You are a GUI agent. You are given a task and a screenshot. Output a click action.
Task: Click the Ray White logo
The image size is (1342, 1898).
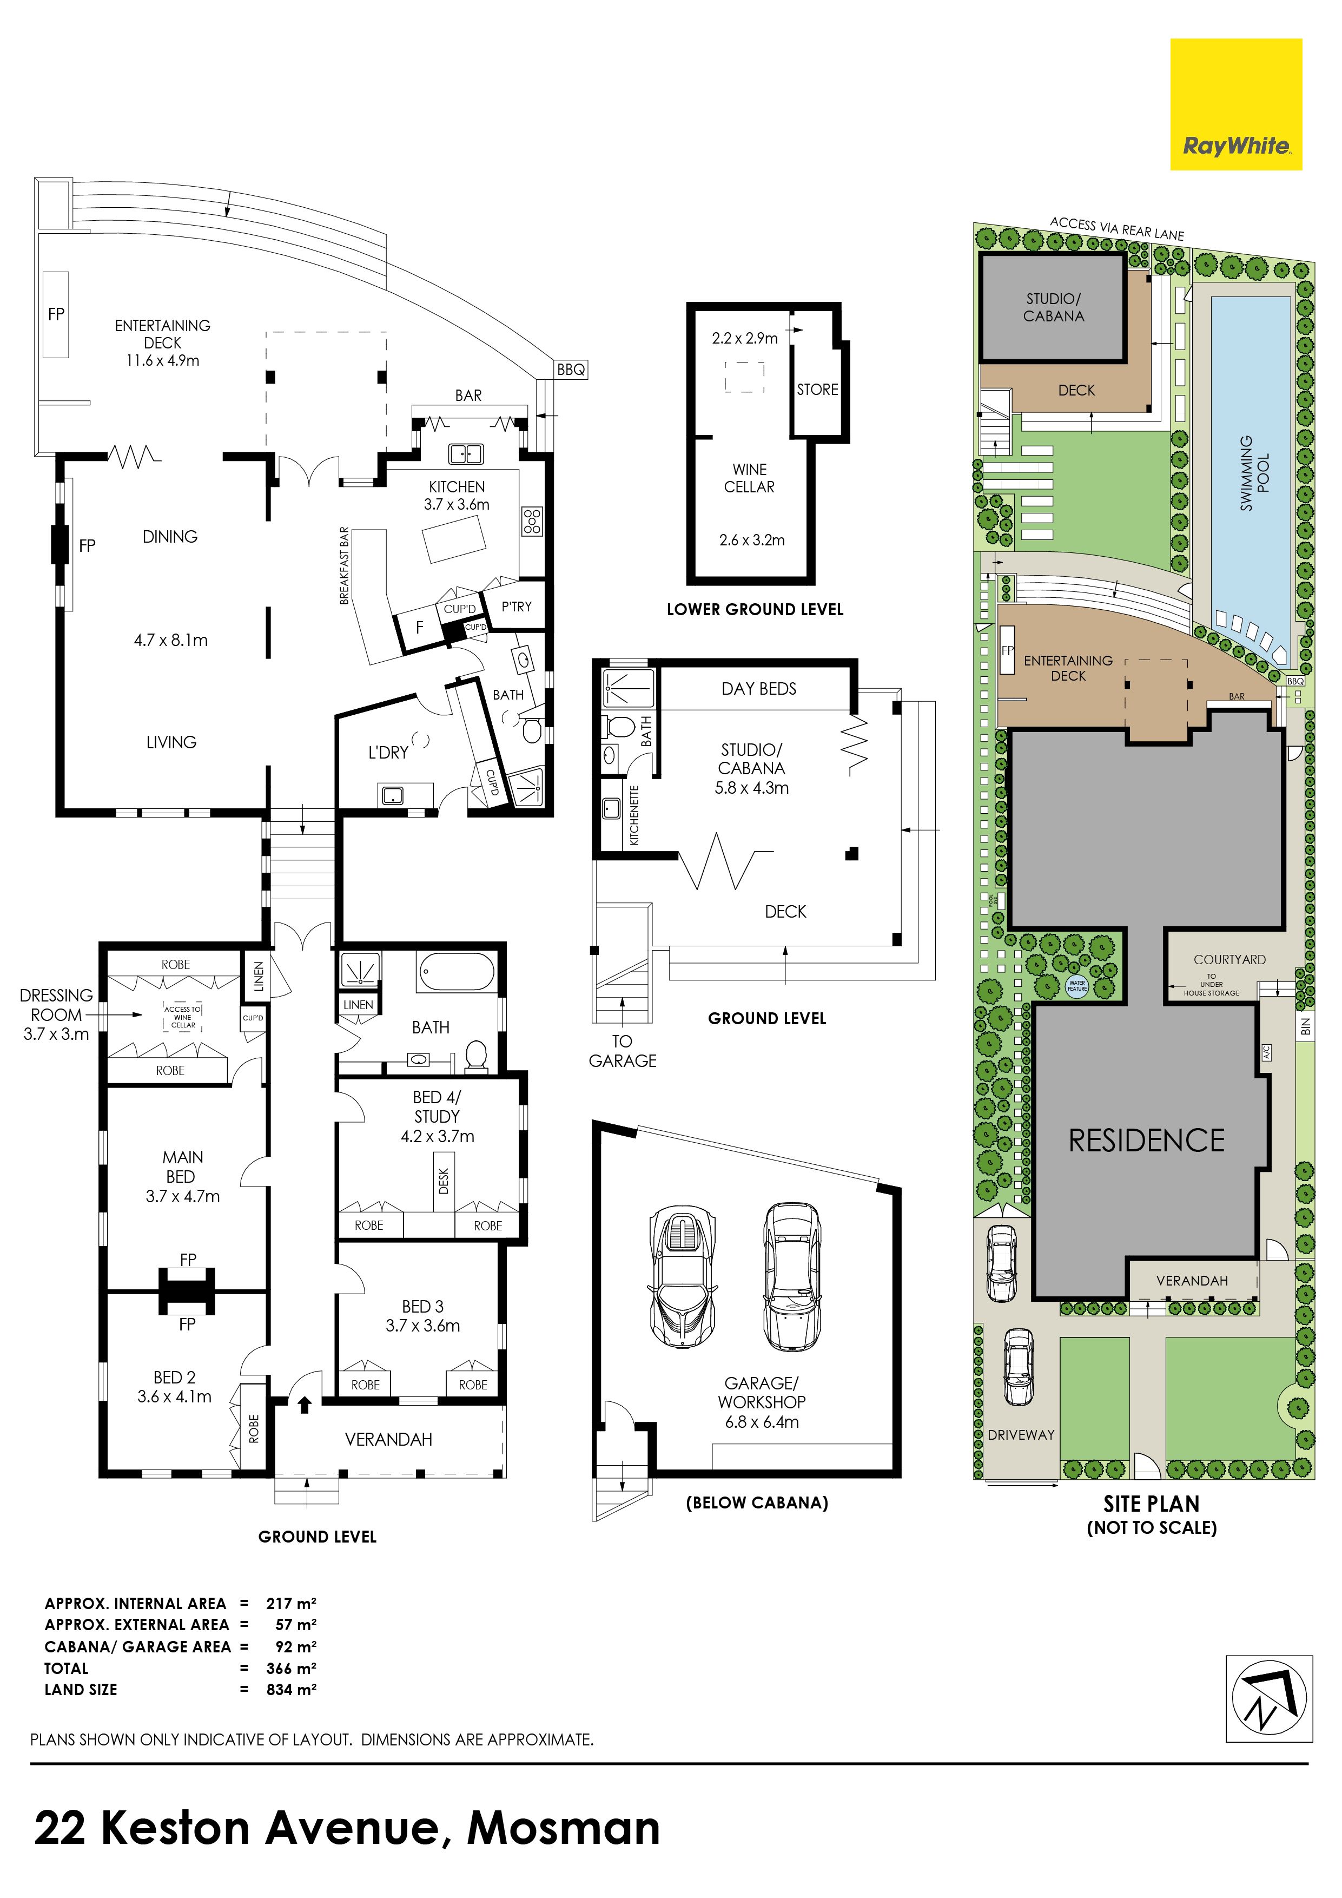(x=1235, y=104)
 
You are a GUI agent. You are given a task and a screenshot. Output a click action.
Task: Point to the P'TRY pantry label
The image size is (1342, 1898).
(x=517, y=606)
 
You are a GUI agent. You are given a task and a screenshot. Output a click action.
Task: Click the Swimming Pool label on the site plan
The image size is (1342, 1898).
(x=1254, y=473)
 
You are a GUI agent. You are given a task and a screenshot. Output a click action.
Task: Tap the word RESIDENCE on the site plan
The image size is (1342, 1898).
(x=1147, y=1141)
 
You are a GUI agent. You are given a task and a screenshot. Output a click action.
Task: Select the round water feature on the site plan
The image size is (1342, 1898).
(x=1077, y=986)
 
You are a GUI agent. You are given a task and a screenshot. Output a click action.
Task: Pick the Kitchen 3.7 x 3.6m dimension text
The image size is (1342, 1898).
(x=457, y=504)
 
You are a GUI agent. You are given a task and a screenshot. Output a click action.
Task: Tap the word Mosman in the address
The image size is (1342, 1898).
(x=564, y=1829)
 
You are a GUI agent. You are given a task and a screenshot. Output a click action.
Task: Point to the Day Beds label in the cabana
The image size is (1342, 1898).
(x=758, y=689)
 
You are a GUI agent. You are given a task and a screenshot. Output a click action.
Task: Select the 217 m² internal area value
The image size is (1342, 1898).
(x=291, y=1604)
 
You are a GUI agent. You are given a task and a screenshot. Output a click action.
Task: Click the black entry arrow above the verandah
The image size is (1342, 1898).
(x=305, y=1403)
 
